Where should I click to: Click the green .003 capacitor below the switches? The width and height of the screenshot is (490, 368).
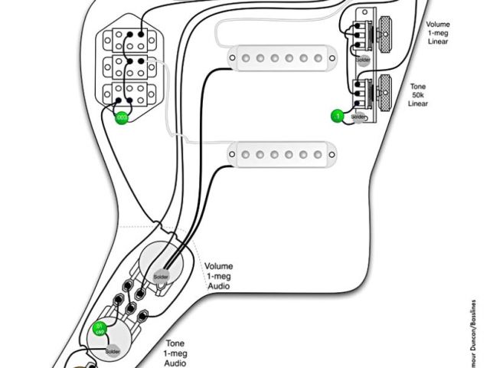[121, 118]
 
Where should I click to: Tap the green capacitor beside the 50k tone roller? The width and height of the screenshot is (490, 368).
[335, 117]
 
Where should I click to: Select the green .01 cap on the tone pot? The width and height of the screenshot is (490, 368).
[98, 330]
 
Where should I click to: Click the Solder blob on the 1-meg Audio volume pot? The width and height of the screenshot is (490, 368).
[161, 276]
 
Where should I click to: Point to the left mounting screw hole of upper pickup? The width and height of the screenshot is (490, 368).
[230, 55]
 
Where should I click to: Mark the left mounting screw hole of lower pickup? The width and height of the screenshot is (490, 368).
[230, 153]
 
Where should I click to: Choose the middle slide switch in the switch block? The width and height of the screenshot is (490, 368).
[129, 66]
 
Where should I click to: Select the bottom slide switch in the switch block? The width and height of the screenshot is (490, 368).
[129, 94]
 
